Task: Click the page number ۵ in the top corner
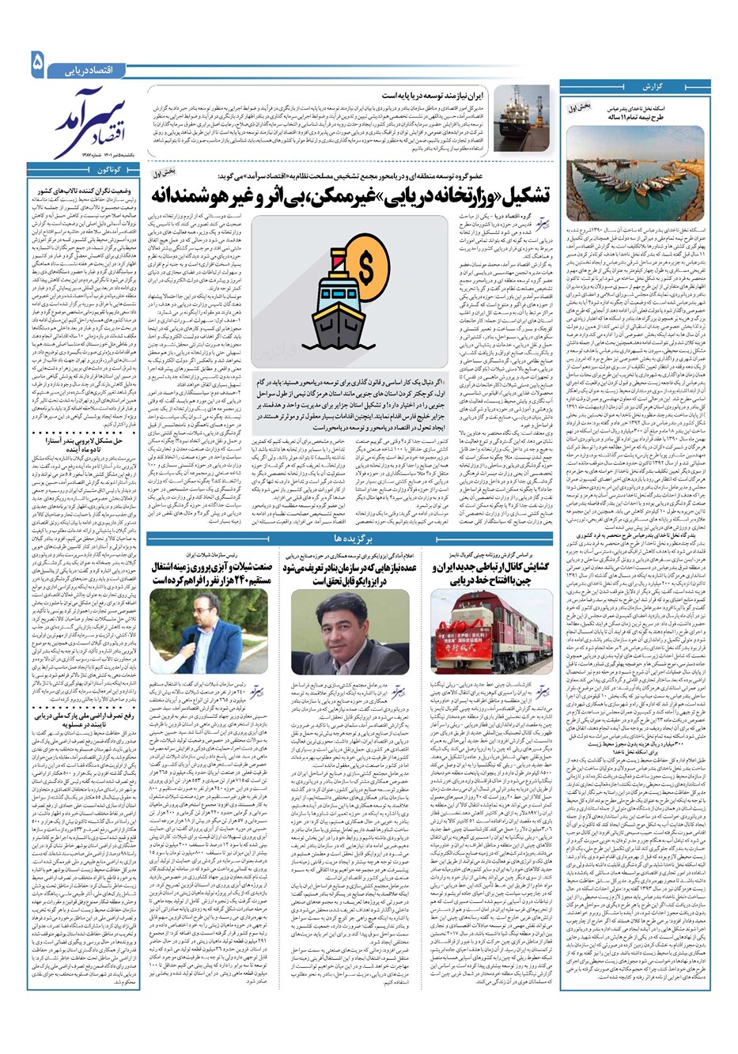(37, 63)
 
